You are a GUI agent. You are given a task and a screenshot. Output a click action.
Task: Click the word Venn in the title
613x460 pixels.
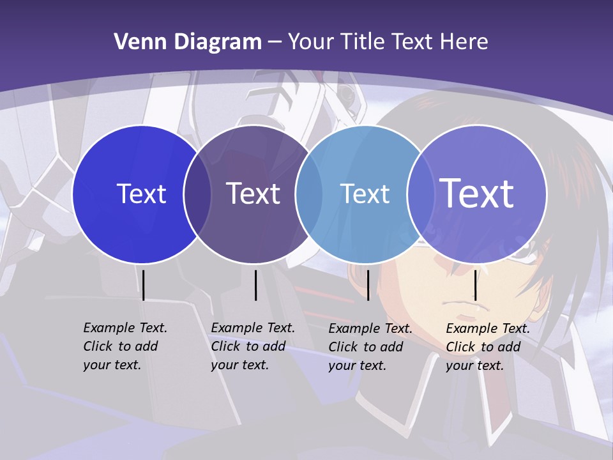point(135,42)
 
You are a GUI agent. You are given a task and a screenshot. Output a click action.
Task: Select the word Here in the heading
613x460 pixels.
point(464,42)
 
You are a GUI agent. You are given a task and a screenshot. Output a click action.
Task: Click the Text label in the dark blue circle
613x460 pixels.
point(141,194)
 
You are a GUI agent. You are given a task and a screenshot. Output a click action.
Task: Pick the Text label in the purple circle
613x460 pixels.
point(253,194)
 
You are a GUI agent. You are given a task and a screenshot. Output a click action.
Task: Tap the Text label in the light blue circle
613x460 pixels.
point(365,194)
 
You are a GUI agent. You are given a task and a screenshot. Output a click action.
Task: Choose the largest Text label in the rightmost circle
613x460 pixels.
point(476,193)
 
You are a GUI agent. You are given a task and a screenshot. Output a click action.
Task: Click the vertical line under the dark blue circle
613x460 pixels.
point(144,285)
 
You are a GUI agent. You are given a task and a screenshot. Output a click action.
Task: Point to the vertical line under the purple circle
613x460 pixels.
point(255,285)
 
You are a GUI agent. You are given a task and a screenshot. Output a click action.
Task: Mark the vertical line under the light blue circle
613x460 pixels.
point(368,285)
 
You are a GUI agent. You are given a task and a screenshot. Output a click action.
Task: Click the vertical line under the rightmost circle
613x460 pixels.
point(475,285)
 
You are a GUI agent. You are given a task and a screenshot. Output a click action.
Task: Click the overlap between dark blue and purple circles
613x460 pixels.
point(197,194)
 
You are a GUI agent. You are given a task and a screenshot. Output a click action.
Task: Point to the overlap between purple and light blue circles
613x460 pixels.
point(309,194)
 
